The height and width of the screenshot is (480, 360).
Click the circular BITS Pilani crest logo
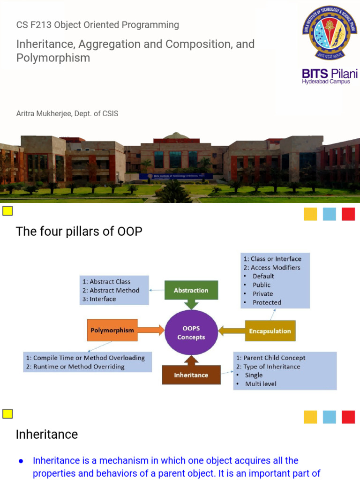(330, 32)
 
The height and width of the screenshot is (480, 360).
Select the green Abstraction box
(191, 290)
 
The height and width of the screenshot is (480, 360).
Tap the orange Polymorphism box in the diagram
(112, 330)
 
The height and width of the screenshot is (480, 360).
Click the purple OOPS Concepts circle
(191, 332)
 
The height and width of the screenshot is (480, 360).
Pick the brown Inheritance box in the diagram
(191, 375)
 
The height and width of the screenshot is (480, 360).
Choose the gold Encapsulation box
(270, 330)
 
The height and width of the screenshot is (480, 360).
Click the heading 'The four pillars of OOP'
(79, 231)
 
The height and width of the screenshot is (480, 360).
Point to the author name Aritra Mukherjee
(44, 113)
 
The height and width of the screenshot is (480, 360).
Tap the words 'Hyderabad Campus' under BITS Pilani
(326, 82)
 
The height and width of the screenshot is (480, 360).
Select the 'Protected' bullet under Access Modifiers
(267, 302)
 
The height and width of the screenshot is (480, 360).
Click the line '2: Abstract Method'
(111, 290)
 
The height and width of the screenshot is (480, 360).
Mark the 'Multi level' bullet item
(261, 384)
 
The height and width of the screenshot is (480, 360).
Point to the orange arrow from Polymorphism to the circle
(151, 330)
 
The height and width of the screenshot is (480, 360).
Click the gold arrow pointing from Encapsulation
(232, 330)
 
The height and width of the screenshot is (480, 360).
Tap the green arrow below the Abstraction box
(191, 304)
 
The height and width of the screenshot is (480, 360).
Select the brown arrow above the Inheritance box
(191, 360)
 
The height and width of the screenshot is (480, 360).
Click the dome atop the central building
(176, 135)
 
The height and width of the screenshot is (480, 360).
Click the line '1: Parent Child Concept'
(270, 358)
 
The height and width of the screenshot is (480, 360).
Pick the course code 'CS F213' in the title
(34, 25)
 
